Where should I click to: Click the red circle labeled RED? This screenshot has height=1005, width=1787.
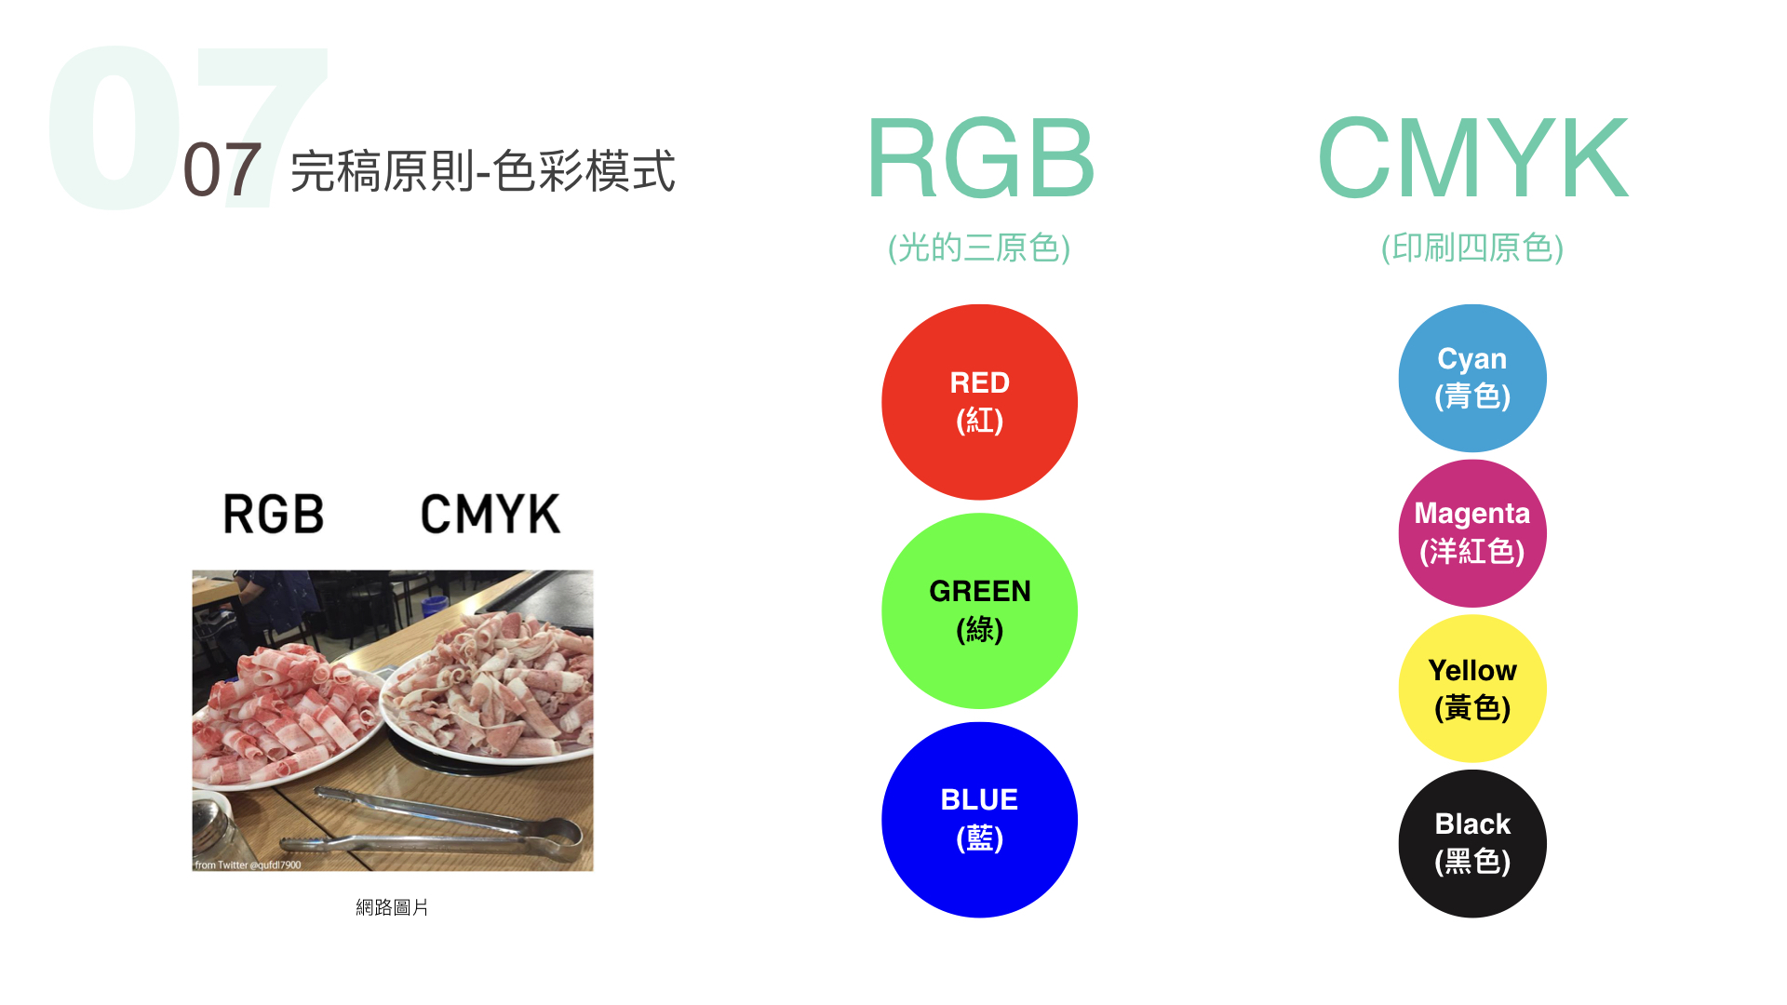[979, 402]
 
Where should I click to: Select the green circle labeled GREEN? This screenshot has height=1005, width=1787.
[979, 610]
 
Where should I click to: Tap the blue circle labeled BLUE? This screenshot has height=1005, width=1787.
[979, 820]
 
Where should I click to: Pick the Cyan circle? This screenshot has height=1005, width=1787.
[1472, 378]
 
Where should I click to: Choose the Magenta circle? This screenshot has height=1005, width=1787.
[1472, 533]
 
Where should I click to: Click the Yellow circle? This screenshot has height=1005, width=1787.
[1472, 689]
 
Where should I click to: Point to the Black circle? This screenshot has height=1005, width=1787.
[1472, 843]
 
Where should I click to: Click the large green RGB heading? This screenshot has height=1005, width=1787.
[980, 158]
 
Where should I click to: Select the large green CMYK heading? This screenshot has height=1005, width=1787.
[1472, 158]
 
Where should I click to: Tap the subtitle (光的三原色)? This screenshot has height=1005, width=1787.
[979, 248]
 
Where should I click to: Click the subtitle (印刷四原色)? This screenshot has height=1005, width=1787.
[1472, 248]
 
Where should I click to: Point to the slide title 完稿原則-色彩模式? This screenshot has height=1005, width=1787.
[482, 171]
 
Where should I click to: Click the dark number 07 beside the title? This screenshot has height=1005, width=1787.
[222, 170]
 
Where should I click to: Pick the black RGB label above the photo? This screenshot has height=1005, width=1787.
[274, 514]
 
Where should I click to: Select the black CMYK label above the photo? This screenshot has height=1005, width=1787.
[490, 514]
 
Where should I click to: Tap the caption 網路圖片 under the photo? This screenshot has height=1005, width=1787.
[392, 907]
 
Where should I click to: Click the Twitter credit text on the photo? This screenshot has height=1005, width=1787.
[248, 864]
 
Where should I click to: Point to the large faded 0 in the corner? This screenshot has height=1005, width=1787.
[114, 127]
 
